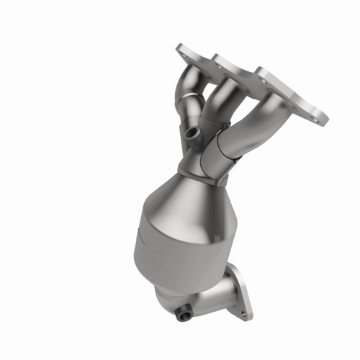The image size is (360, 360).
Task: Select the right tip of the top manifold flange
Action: point(323,118)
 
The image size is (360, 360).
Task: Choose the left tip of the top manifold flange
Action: point(179,49)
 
